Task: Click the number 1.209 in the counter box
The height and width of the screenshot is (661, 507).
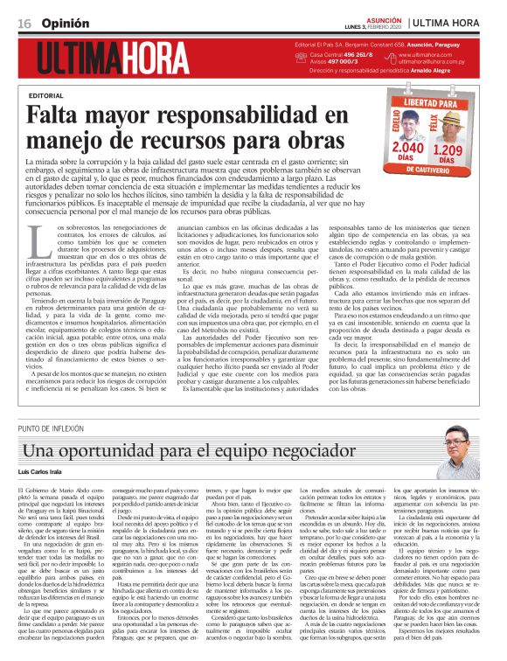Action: [x=455, y=150]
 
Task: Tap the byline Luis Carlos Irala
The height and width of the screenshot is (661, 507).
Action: [x=44, y=472]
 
